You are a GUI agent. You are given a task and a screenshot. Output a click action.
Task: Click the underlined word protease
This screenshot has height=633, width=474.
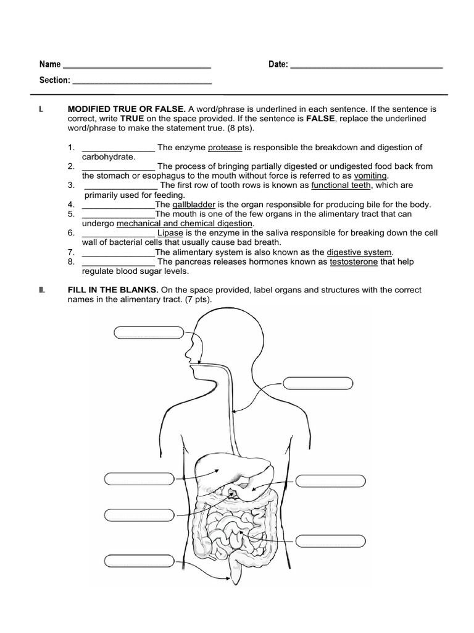(x=225, y=147)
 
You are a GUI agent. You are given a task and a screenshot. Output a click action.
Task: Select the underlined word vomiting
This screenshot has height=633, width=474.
(x=371, y=176)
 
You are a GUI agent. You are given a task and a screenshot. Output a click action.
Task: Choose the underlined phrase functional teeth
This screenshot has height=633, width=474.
(x=341, y=185)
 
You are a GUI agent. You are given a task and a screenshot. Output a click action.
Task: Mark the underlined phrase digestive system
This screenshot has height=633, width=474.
(x=359, y=252)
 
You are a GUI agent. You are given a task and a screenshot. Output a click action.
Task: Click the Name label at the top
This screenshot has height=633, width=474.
(x=50, y=65)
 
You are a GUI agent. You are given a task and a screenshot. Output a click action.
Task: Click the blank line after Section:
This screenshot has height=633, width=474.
(x=143, y=81)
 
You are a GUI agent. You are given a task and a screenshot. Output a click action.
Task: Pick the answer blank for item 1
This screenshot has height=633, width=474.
(x=118, y=148)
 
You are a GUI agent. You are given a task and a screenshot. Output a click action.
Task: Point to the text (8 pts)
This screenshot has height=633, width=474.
(x=240, y=128)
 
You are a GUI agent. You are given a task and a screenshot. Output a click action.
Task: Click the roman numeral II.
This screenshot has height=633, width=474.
(x=41, y=290)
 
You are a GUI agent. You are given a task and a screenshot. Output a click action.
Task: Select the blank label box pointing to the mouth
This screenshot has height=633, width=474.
(x=149, y=333)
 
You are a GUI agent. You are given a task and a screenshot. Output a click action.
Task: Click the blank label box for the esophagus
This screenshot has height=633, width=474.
(x=318, y=383)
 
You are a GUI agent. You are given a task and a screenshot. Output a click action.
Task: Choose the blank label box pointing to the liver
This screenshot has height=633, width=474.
(x=140, y=479)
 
